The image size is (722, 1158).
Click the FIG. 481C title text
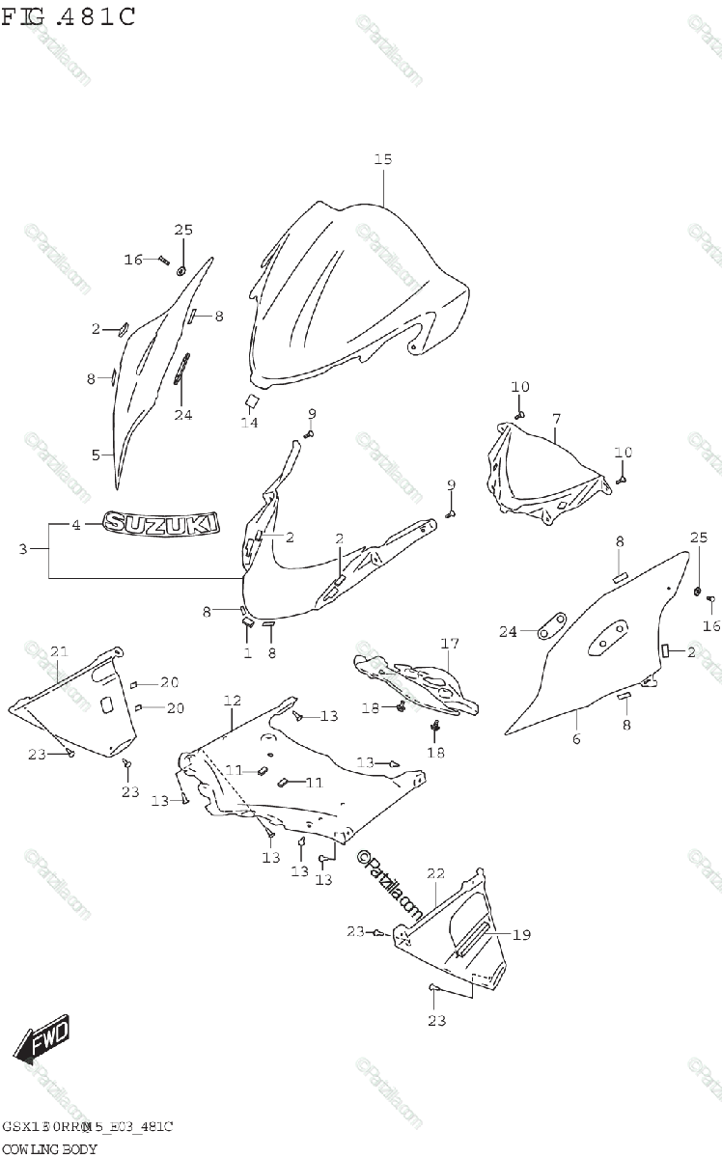[69, 16]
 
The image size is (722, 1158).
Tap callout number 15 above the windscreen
[383, 159]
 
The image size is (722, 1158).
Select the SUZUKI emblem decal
[162, 523]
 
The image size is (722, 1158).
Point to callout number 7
[556, 419]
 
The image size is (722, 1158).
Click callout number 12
[232, 699]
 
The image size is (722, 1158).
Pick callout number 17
[450, 644]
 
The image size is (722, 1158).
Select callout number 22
[435, 873]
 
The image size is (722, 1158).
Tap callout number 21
[59, 652]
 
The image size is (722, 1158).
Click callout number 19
[521, 934]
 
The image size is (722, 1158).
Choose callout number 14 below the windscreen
[249, 422]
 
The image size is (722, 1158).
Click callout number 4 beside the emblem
[76, 525]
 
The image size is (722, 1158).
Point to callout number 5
[95, 455]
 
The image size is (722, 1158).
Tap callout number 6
[576, 739]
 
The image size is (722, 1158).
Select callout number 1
[247, 653]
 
